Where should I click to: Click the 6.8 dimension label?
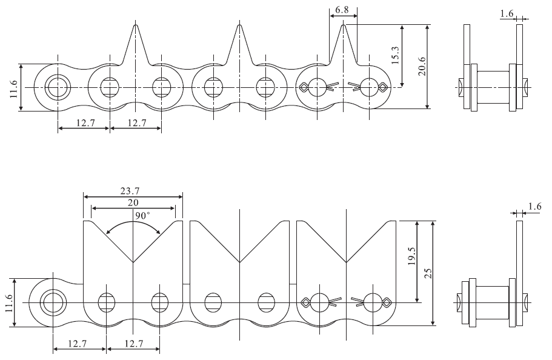[342, 10]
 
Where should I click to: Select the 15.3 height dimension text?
[395, 55]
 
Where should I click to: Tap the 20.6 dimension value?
[422, 66]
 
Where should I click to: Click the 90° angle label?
[142, 215]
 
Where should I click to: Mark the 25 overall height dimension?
[428, 273]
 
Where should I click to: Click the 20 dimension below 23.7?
[133, 203]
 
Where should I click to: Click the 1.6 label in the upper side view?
[507, 13]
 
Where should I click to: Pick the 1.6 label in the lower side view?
[534, 207]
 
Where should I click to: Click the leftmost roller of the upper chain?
[58, 87]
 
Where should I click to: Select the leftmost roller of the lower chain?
[53, 302]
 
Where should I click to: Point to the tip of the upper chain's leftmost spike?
[136, 25]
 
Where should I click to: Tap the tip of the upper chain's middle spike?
[239, 25]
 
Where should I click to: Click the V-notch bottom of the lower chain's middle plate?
[239, 262]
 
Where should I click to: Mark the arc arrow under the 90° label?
[133, 224]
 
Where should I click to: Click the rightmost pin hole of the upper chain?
[369, 87]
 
